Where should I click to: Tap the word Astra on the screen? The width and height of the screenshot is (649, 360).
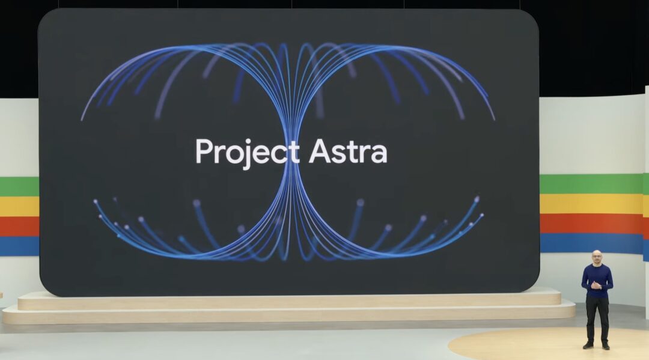[x=348, y=151]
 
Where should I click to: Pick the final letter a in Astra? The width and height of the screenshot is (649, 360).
[x=379, y=154]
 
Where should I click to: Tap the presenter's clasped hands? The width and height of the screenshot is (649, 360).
[x=596, y=285]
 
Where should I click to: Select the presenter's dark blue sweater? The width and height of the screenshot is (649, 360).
[x=597, y=281]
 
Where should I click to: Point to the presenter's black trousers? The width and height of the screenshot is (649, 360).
[x=597, y=319]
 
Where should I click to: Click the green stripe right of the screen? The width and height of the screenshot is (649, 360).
[x=591, y=184]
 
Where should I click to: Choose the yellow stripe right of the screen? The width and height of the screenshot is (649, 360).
[x=591, y=204]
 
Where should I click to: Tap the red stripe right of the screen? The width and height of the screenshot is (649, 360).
[x=591, y=224]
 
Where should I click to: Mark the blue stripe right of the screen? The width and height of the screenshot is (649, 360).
[x=591, y=243]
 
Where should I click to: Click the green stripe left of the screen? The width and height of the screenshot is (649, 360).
[x=19, y=186]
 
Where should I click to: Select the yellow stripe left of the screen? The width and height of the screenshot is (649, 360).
[x=19, y=206]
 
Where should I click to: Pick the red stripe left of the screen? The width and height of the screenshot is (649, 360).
[x=19, y=227]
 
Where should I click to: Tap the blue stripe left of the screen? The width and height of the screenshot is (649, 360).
[x=19, y=246]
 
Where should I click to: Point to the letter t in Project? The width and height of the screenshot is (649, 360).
[x=294, y=153]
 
